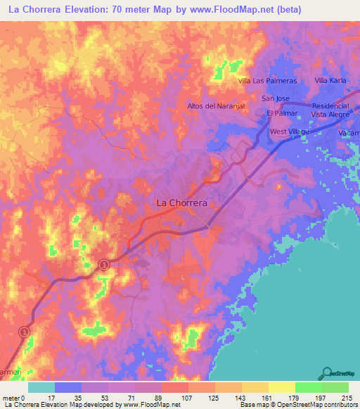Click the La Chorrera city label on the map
pyautogui.click(x=181, y=202)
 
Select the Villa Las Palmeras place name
pyautogui.click(x=268, y=81)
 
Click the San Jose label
pyautogui.click(x=276, y=98)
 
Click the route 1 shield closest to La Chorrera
pyautogui.click(x=104, y=264)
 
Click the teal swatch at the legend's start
pyautogui.click(x=41, y=387)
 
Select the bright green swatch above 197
pyautogui.click(x=308, y=387)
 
